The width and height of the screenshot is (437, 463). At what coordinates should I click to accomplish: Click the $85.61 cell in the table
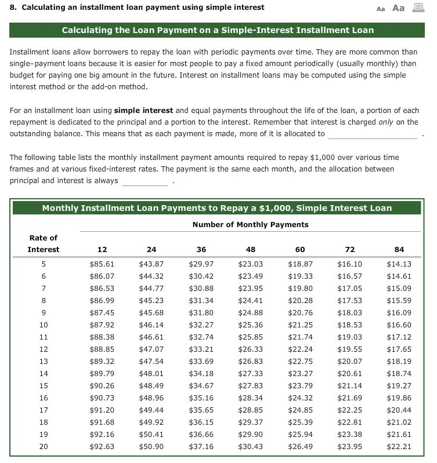102,264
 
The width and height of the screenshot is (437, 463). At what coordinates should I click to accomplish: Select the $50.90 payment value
151,446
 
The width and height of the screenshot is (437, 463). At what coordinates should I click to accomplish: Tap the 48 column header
251,249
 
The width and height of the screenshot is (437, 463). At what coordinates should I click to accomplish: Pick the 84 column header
399,249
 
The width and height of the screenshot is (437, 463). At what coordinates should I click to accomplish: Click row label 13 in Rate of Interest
44,361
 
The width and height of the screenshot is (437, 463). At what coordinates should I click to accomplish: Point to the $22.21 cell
399,446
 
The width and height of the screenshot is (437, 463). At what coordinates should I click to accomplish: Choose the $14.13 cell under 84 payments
399,264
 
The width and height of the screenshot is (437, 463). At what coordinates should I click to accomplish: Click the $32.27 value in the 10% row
201,325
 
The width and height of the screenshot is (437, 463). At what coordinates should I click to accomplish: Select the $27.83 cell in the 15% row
251,385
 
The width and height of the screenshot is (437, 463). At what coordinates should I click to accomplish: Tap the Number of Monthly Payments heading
250,224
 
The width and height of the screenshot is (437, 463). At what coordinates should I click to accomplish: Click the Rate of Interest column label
44,243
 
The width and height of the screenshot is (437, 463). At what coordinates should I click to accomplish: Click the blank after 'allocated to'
372,134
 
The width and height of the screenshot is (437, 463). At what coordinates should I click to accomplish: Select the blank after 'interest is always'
145,181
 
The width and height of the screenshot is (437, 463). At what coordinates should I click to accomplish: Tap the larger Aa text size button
399,8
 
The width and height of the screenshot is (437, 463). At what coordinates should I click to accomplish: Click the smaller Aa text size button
381,8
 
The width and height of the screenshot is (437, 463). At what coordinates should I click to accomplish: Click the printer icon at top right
417,8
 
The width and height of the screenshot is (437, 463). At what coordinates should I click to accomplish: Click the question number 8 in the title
13,8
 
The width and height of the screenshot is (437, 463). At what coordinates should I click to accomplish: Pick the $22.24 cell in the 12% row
300,349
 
